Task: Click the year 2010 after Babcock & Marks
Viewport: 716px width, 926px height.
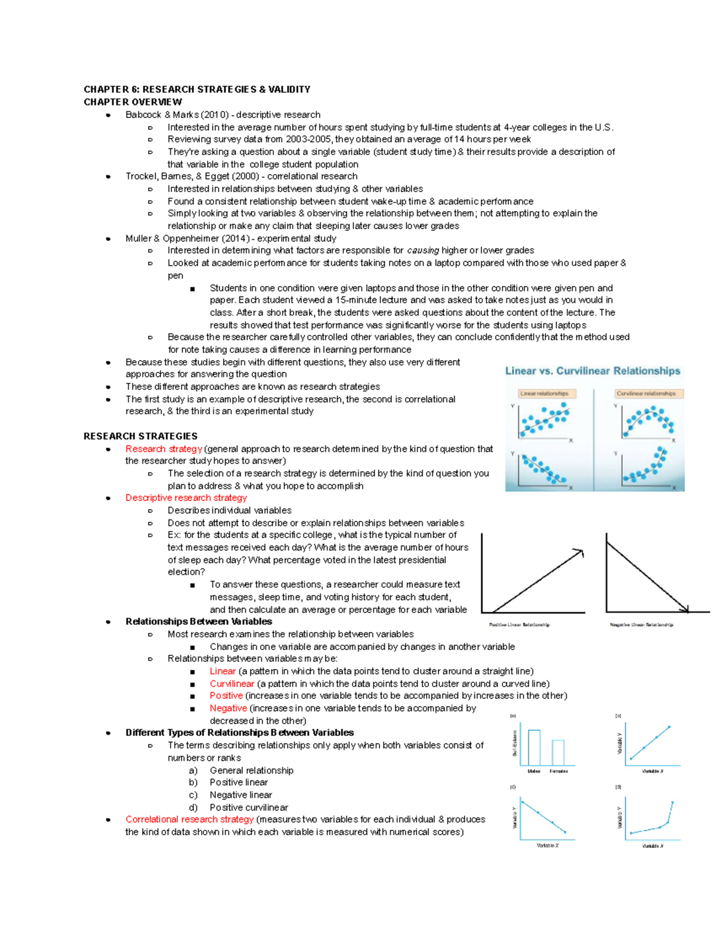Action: pos(212,114)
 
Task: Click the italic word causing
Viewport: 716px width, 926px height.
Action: pos(423,250)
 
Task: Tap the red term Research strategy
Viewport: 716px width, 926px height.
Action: pos(163,449)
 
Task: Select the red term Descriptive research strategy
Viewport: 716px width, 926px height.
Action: pos(186,498)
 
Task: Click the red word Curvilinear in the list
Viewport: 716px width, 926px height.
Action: pos(232,684)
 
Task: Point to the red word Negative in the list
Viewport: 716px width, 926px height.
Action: pos(228,708)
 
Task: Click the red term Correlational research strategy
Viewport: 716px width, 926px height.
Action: pos(189,819)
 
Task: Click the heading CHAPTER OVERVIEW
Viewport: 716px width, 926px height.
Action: pos(132,102)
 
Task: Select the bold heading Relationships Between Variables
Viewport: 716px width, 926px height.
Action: pos(199,621)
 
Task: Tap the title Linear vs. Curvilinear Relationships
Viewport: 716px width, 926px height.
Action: pos(592,371)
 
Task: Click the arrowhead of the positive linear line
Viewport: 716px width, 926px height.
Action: pos(579,552)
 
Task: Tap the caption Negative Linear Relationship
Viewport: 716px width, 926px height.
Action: pos(641,625)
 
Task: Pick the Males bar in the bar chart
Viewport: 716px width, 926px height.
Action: pos(534,747)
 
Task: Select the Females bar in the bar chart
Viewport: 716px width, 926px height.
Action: pos(558,752)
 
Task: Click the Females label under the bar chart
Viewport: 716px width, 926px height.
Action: pos(558,772)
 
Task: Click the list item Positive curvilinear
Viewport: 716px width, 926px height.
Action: pos(248,807)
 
